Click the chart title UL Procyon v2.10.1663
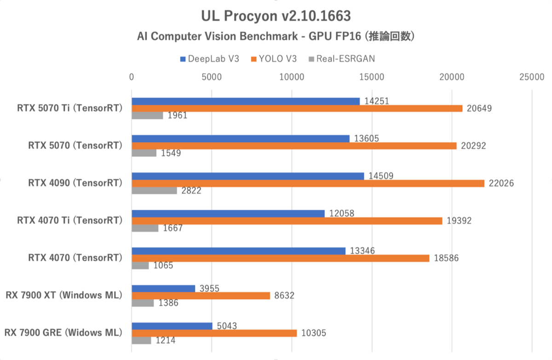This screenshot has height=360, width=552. [x=276, y=16]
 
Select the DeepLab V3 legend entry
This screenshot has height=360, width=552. [x=210, y=59]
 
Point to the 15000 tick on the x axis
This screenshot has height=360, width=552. [x=372, y=77]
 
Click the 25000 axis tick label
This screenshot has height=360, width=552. [x=532, y=77]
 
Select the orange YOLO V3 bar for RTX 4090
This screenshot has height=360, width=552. [x=308, y=183]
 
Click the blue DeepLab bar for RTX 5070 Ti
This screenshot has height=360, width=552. [x=246, y=101]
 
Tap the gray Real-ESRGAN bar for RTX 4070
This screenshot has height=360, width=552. [x=140, y=266]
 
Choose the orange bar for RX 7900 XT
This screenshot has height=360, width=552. [x=201, y=296]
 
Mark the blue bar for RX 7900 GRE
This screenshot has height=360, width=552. [x=172, y=326]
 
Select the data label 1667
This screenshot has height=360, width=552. [x=172, y=228]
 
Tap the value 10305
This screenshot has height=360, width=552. [x=313, y=333]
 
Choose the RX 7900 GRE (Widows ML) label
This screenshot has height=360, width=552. [x=63, y=332]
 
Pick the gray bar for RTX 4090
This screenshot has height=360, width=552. [x=154, y=191]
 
